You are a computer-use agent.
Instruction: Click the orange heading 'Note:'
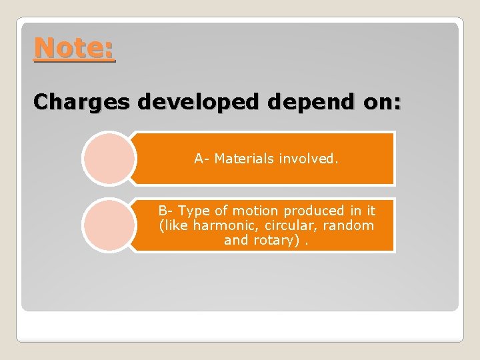click(74, 48)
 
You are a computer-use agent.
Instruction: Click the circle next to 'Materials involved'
click(108, 158)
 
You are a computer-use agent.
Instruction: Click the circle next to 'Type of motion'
click(108, 225)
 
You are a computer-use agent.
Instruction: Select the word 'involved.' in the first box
click(309, 159)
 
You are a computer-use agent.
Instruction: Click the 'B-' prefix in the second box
click(166, 211)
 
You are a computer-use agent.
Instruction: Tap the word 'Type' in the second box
click(194, 211)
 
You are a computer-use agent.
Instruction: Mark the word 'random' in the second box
click(351, 225)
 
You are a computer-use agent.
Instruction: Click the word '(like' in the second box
click(174, 225)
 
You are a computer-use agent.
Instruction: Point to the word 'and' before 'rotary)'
click(236, 240)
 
